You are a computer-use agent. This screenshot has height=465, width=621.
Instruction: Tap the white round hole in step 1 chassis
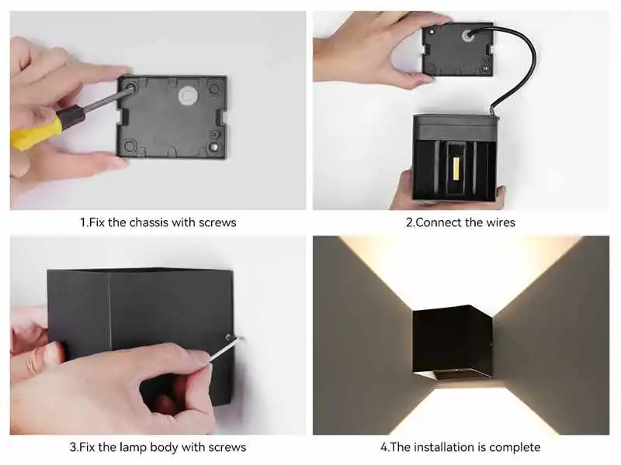tap(187, 95)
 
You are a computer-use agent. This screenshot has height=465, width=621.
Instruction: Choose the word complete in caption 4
tap(515, 447)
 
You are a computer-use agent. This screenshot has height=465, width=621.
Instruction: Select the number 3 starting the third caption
tap(72, 447)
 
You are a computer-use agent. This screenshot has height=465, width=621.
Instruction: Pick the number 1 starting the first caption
tap(82, 222)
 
